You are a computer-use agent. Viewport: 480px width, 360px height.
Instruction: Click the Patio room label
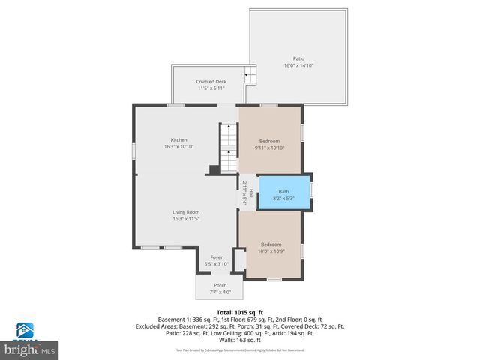(x=298, y=58)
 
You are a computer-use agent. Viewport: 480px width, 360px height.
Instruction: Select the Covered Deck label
(x=211, y=81)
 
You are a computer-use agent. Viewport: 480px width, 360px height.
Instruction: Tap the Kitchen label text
(x=178, y=140)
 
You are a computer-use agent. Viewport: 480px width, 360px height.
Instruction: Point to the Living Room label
(x=186, y=212)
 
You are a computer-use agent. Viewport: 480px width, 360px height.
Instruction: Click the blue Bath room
(x=283, y=194)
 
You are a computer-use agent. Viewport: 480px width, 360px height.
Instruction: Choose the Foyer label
(x=217, y=257)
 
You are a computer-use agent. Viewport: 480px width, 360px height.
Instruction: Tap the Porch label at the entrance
(x=220, y=285)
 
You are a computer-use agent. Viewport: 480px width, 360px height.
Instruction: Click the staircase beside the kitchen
(x=227, y=147)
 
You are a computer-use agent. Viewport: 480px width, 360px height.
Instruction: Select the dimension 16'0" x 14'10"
(x=298, y=66)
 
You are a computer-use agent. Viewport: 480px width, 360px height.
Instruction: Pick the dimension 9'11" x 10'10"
(x=269, y=148)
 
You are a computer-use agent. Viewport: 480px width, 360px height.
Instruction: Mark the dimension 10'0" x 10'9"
(x=271, y=250)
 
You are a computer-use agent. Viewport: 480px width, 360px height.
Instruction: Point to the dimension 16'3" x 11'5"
(x=186, y=219)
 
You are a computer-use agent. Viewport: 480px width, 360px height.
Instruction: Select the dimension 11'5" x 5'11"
(x=211, y=88)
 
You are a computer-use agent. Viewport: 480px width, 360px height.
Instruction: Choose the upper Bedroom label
(x=269, y=141)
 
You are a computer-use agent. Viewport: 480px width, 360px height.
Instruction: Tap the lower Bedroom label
(x=271, y=244)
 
